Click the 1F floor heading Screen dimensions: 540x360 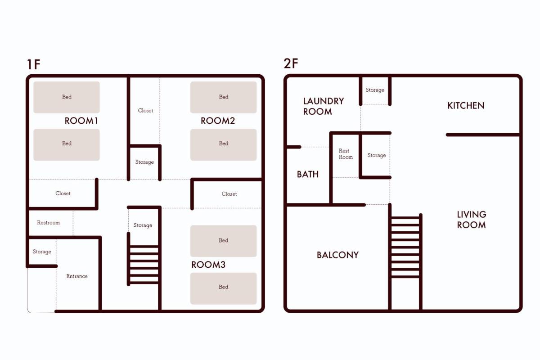point(33,64)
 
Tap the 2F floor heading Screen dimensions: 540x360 point(291,63)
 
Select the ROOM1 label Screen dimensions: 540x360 point(81,121)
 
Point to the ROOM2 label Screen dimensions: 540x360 point(218,121)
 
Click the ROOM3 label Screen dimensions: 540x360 point(208,265)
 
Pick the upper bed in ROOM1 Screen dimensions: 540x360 point(67,97)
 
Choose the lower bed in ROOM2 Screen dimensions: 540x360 point(224,145)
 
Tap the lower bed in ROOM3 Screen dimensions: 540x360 point(224,288)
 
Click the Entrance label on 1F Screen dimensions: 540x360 point(77,276)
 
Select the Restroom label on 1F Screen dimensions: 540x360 point(48,223)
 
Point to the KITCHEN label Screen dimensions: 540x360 point(466,106)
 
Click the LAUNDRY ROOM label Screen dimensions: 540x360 point(323,106)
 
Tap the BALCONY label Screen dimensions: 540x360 point(338,255)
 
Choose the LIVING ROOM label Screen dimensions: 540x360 point(472,220)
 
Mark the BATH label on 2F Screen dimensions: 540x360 point(308,174)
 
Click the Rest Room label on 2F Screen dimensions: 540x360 point(346,154)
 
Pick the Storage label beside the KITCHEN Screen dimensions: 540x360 point(374,90)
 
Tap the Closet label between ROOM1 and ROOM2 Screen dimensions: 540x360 point(145,110)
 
